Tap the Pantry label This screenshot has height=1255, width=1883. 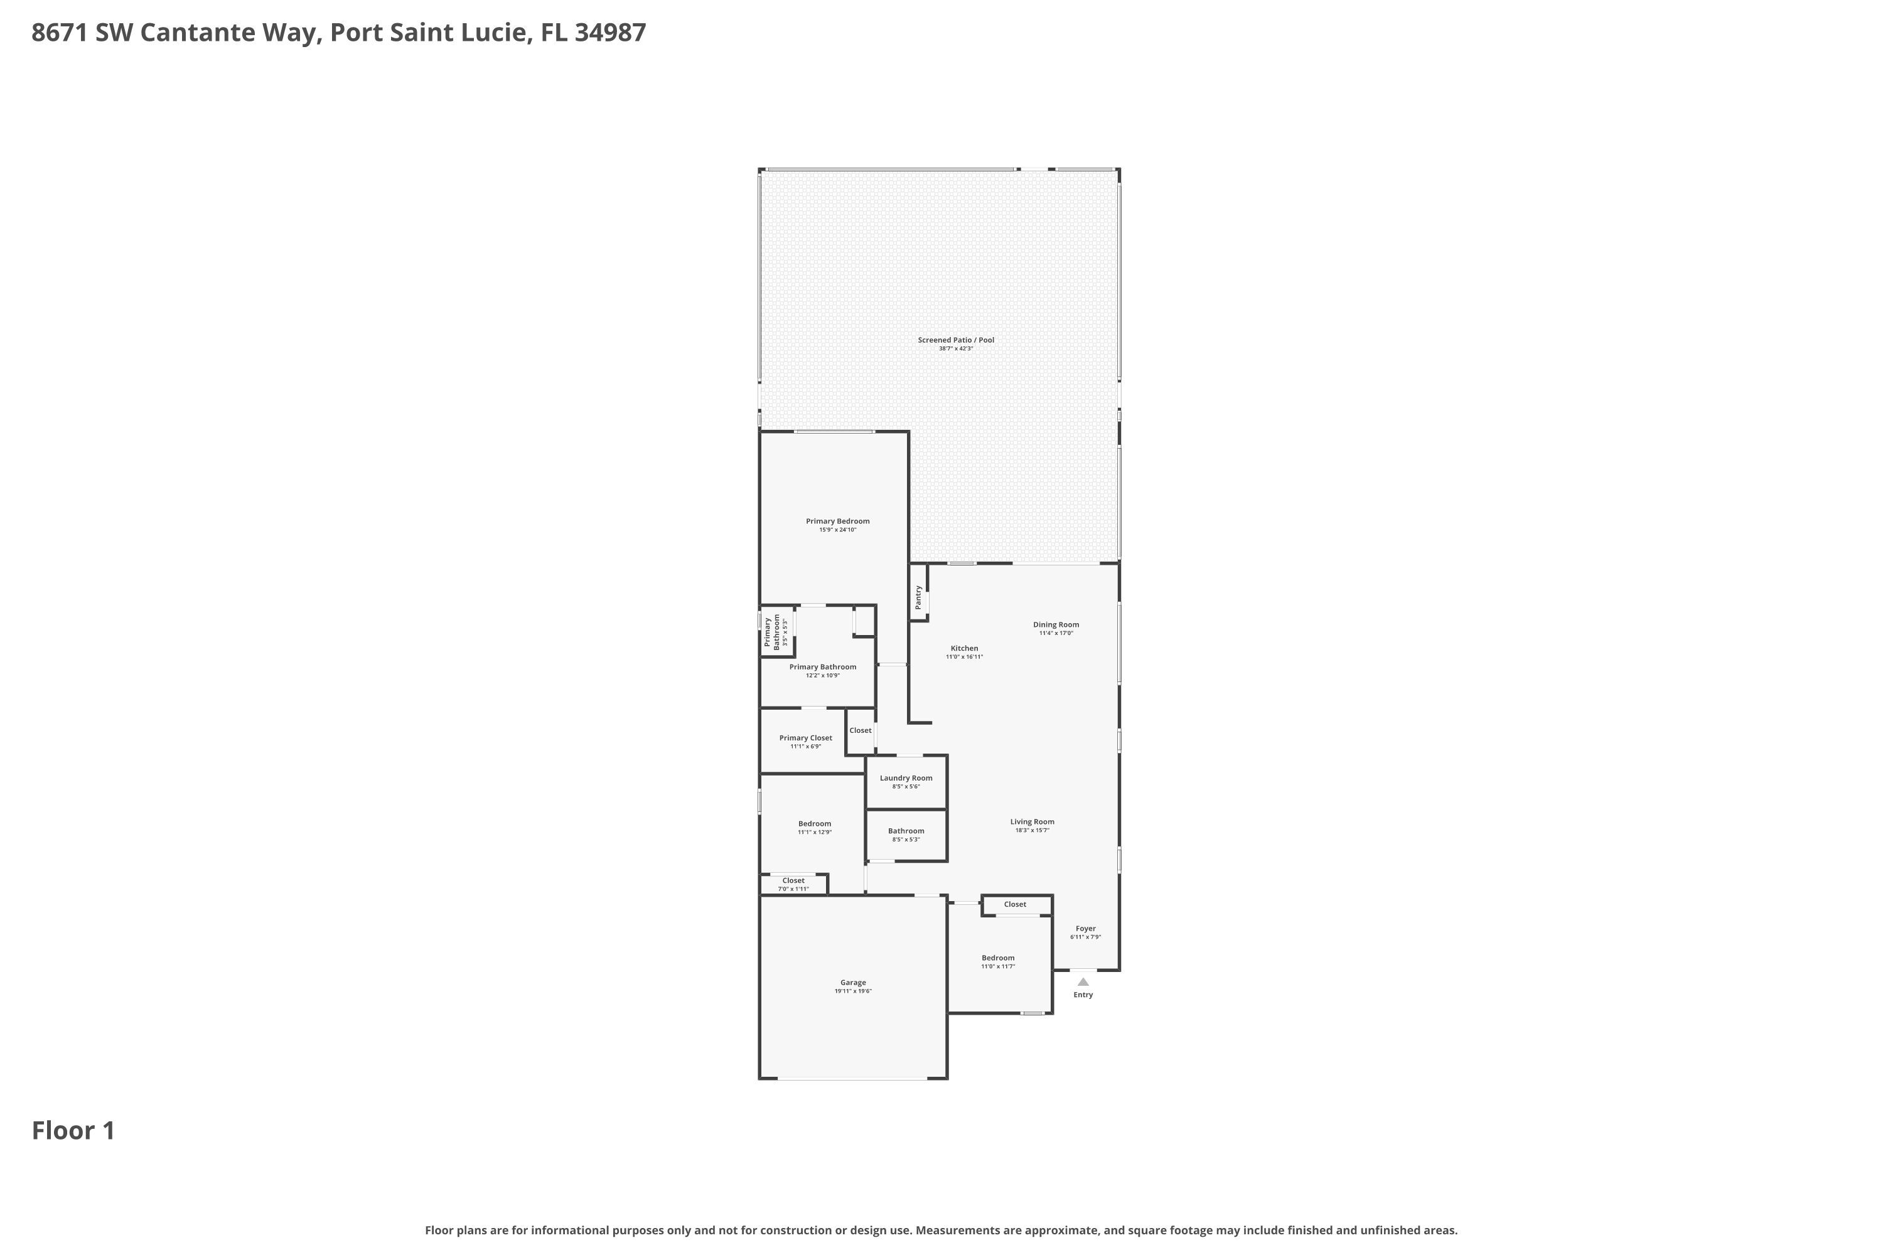coord(918,597)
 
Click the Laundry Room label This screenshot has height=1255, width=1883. coord(906,778)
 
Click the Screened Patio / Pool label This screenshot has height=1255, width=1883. coord(955,340)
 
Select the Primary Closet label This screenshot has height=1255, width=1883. coord(805,738)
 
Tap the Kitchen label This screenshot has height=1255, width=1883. coord(964,648)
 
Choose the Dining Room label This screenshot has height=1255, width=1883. coord(1055,624)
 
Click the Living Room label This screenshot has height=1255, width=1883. coord(1031,821)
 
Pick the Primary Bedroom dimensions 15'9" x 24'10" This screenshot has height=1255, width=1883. coord(837,530)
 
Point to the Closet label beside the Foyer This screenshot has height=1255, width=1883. coord(1014,904)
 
